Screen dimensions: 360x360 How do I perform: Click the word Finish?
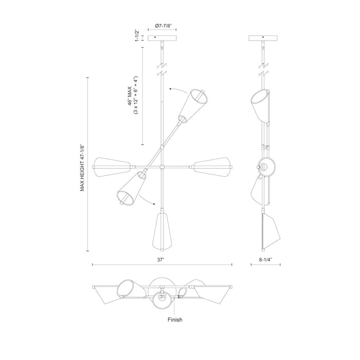coord(174,319)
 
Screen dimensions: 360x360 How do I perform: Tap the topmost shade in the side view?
coord(261,105)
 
